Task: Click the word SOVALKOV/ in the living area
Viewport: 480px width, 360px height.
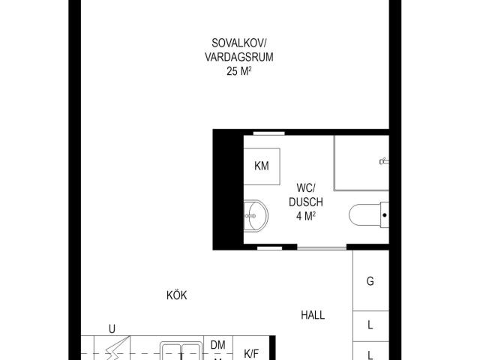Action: click(239, 43)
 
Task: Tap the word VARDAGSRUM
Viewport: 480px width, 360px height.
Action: click(239, 57)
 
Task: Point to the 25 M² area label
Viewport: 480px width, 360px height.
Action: click(239, 71)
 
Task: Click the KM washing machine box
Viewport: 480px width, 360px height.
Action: click(262, 166)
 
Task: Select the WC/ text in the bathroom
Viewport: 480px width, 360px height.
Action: click(305, 187)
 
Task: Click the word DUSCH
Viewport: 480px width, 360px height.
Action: click(306, 202)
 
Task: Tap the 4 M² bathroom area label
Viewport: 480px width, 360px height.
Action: click(306, 216)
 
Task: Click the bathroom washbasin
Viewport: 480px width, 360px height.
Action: click(256, 215)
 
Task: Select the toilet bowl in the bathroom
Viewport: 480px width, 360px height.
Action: click(368, 215)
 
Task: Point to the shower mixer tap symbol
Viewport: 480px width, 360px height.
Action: click(384, 160)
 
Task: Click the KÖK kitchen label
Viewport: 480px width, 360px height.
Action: click(177, 295)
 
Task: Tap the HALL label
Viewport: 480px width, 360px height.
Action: click(313, 315)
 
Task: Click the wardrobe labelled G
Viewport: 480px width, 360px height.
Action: click(370, 280)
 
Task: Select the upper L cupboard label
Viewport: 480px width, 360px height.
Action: click(370, 325)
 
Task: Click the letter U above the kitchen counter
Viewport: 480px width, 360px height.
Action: click(112, 329)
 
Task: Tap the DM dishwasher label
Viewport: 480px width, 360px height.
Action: click(218, 345)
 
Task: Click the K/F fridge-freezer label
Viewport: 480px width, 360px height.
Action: click(251, 354)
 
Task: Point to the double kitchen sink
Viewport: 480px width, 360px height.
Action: click(181, 351)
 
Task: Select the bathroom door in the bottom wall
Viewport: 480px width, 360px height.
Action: click(322, 247)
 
